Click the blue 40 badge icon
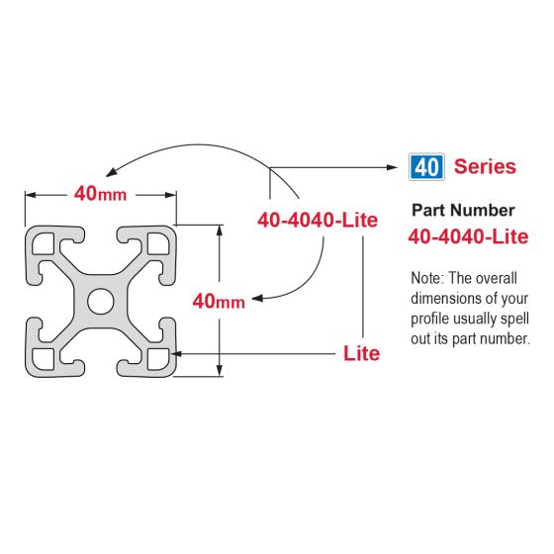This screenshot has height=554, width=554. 426,166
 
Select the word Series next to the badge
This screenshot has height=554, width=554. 485,166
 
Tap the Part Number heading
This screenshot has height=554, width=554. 462,210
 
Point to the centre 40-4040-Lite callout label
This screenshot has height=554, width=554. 318,221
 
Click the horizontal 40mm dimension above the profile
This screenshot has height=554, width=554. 100,194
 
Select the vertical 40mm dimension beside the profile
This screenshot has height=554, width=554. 218,301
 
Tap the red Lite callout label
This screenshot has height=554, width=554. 361,353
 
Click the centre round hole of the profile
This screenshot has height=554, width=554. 100,300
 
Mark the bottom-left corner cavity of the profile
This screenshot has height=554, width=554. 45,356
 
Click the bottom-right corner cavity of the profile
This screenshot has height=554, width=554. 155,356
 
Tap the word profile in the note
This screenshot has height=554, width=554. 432,319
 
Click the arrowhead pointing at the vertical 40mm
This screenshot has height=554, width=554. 256,297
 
